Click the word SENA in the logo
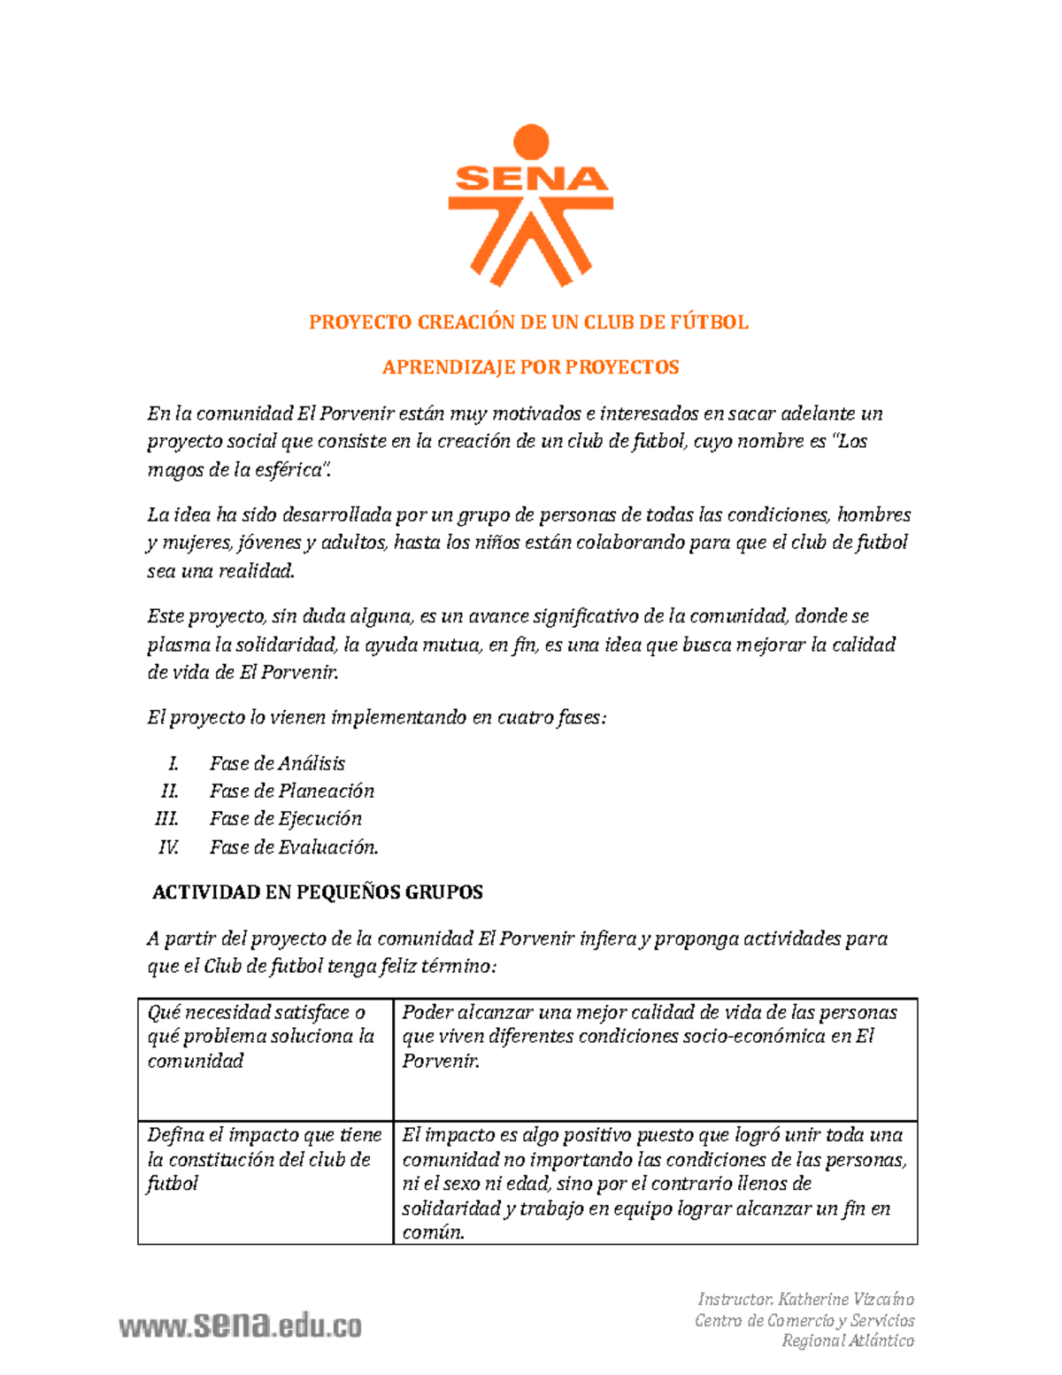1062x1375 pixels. click(x=531, y=180)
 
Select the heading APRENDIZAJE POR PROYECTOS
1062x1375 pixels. click(x=530, y=367)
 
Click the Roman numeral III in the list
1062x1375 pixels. click(x=166, y=819)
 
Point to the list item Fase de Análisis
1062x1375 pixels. click(x=277, y=763)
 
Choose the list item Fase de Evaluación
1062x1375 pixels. click(x=294, y=847)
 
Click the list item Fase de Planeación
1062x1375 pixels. click(x=292, y=791)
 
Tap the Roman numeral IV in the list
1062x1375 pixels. click(x=168, y=847)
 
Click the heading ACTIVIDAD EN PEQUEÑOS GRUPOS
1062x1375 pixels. click(x=318, y=892)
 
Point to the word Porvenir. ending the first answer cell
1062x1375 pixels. click(x=441, y=1061)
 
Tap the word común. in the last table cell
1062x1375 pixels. click(x=433, y=1232)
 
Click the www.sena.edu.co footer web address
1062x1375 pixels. click(x=241, y=1325)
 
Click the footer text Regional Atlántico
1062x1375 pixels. click(x=848, y=1340)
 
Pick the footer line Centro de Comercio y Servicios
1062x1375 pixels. click(x=804, y=1320)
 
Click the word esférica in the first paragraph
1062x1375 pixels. click(x=285, y=470)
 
